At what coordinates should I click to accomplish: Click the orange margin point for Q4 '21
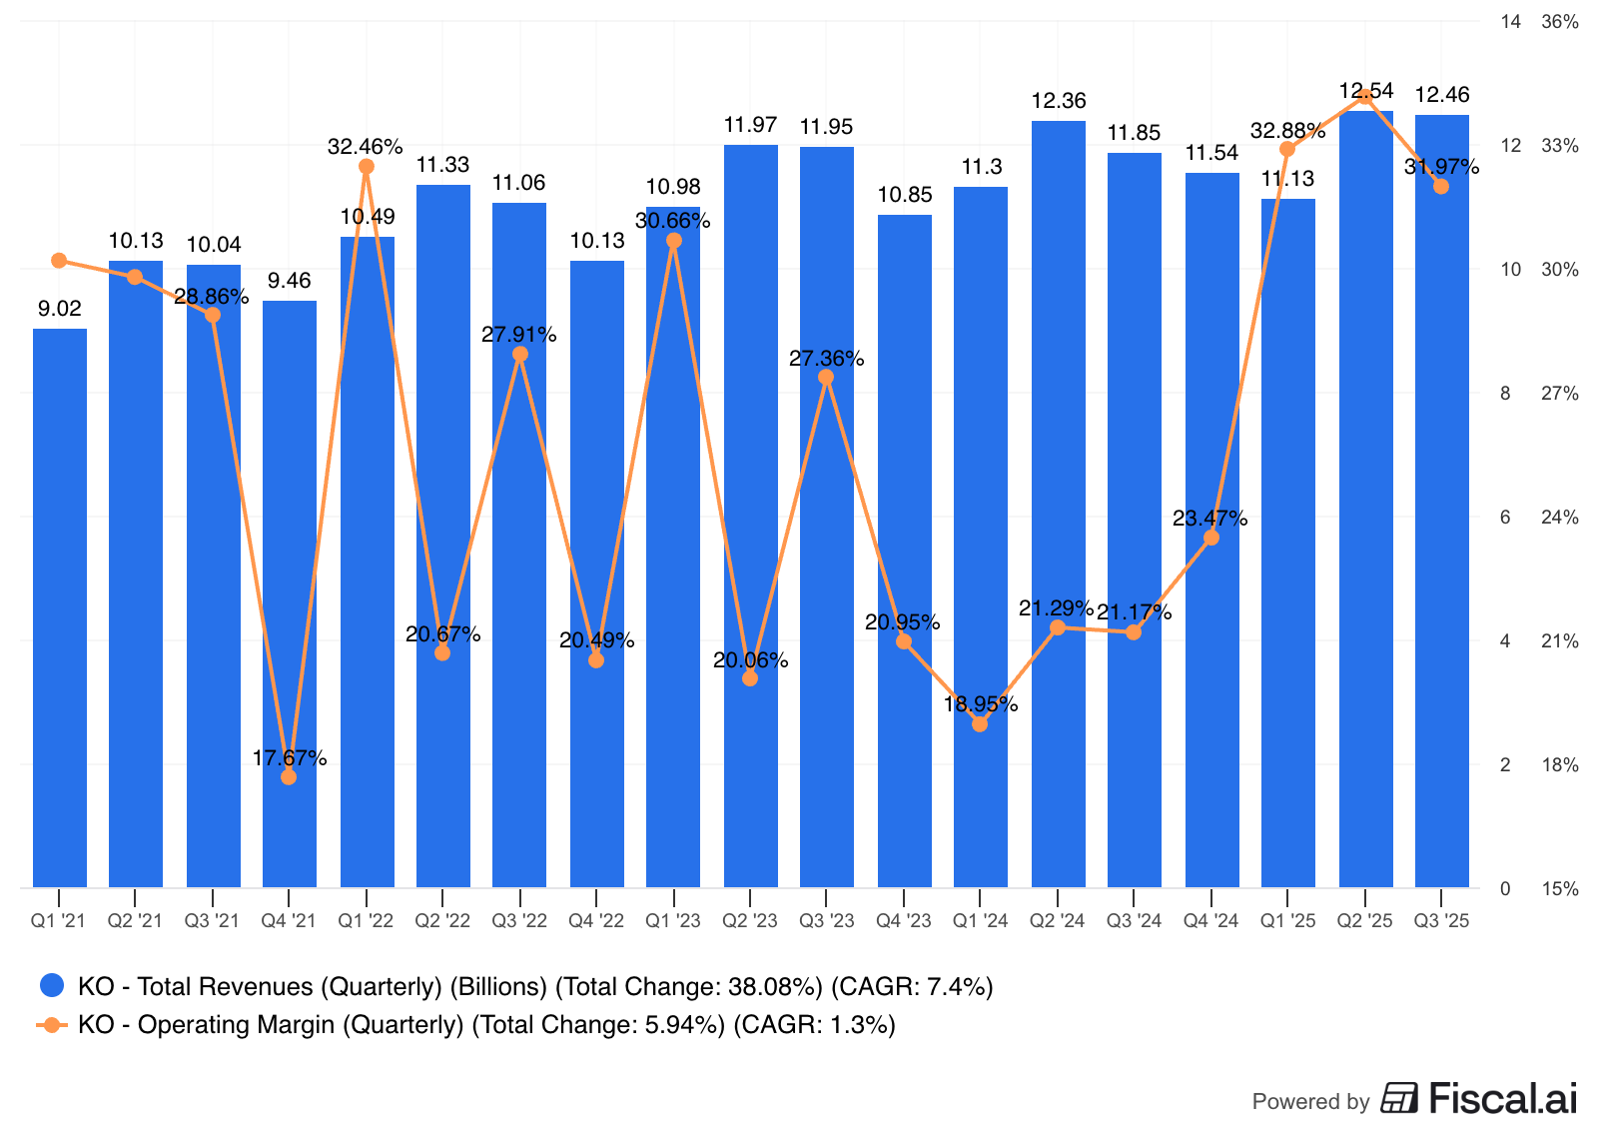click(289, 776)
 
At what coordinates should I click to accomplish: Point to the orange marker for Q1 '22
click(367, 166)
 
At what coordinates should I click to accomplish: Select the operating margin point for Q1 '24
click(980, 724)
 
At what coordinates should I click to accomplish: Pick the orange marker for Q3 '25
click(1441, 186)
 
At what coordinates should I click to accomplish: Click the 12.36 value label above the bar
click(1058, 101)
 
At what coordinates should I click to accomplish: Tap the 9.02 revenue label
click(60, 309)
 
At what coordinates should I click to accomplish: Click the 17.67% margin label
click(290, 758)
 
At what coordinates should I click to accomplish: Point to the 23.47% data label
click(1209, 519)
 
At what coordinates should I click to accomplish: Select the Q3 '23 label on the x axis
click(827, 921)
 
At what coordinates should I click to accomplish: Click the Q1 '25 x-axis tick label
click(1287, 921)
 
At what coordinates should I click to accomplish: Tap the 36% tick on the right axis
click(1559, 22)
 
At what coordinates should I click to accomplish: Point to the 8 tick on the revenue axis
click(1505, 394)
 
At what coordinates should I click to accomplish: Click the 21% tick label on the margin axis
click(1559, 641)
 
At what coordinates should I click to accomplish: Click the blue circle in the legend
click(52, 986)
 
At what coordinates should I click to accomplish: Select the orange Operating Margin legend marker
click(52, 1024)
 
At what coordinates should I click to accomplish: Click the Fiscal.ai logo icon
click(1399, 1098)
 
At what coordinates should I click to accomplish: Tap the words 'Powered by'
click(1310, 1101)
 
